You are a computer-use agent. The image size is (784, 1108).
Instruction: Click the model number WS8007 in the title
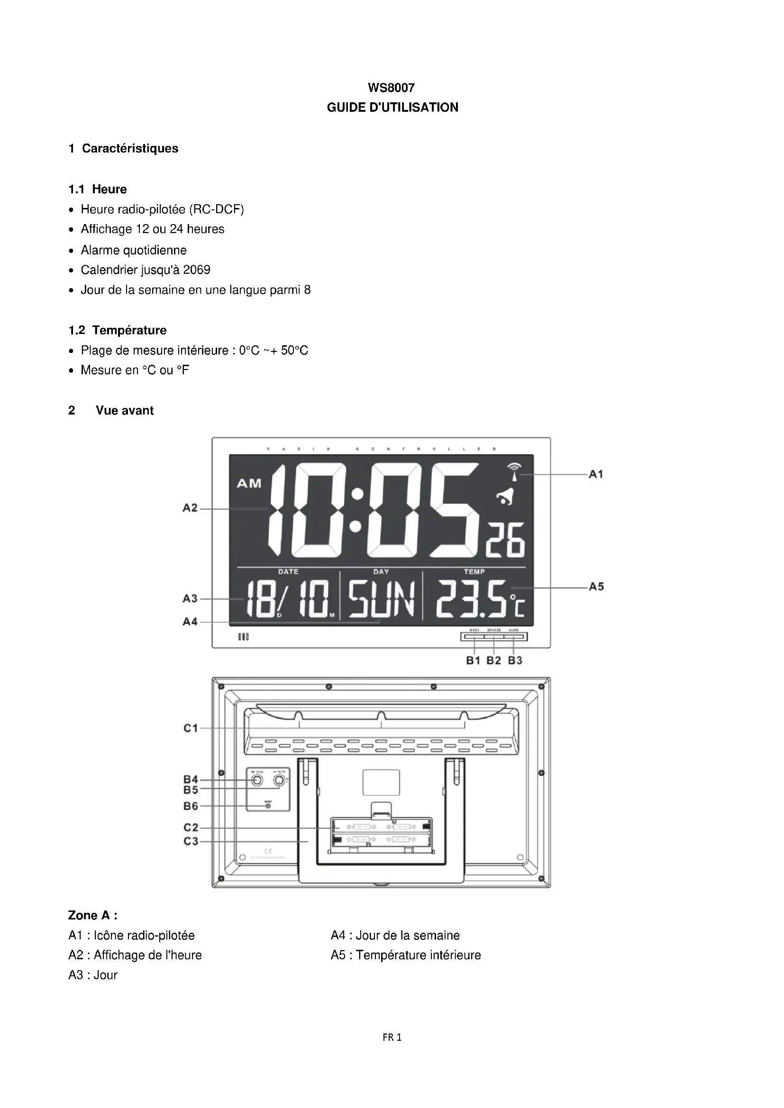point(391,88)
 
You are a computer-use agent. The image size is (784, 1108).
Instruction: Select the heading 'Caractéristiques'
point(130,148)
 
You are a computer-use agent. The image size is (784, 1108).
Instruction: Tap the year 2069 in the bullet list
point(197,270)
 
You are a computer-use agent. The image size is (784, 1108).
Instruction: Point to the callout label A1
point(596,474)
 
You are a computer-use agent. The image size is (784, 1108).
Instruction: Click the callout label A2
point(190,508)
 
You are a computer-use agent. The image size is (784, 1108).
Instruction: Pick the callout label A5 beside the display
point(596,587)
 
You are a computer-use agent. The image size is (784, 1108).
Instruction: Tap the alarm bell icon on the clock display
point(506,496)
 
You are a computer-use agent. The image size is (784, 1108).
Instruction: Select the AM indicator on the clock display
point(249,483)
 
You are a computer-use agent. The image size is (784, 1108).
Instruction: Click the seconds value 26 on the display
point(505,541)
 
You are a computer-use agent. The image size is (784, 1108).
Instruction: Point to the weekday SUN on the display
point(382,600)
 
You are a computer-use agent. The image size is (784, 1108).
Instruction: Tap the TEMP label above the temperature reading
point(474,572)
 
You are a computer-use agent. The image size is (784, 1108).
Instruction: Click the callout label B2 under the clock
point(493,661)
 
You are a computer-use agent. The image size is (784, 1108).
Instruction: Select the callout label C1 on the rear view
point(191,728)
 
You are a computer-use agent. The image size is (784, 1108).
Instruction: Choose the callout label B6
point(191,806)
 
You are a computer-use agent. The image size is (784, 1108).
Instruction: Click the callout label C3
point(191,841)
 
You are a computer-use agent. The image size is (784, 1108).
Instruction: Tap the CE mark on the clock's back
point(269,851)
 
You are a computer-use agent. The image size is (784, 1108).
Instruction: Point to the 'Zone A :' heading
point(93,916)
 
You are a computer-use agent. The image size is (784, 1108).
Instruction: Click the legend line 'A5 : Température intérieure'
point(406,955)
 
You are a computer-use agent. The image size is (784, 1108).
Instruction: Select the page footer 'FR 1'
point(392,1037)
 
